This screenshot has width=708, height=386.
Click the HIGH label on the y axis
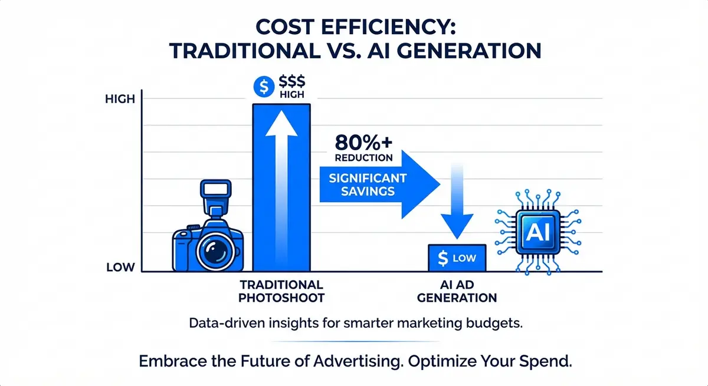[x=120, y=100]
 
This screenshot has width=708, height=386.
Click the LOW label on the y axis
[x=121, y=268]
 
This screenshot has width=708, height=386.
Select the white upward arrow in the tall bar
[x=281, y=189]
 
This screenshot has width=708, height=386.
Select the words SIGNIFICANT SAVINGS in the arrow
[x=362, y=183]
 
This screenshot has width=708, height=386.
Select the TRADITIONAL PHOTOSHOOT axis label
[x=281, y=291]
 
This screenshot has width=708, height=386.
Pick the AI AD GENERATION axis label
[x=457, y=291]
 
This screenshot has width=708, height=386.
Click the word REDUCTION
[x=363, y=158]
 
